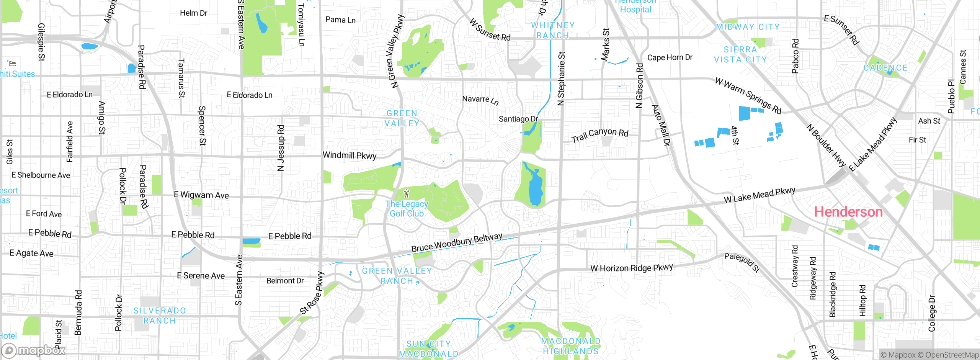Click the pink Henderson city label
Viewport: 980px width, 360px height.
tap(848, 212)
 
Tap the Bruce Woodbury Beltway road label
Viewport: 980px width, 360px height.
tap(456, 243)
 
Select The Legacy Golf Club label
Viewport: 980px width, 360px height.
tap(407, 209)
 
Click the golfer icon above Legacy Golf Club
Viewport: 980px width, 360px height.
tap(407, 194)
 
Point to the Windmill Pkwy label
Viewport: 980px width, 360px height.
tap(350, 155)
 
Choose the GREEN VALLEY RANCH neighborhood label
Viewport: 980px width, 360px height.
tap(397, 276)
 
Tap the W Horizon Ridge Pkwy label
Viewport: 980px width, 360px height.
tap(631, 268)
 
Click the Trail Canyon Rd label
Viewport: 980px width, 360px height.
tap(600, 134)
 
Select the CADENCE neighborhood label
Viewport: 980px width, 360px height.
tap(885, 68)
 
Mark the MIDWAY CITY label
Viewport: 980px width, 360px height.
tap(747, 27)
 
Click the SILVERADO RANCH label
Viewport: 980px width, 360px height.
tap(160, 316)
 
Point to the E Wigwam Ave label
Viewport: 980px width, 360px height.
tap(201, 195)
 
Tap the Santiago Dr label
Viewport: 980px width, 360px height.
tap(518, 119)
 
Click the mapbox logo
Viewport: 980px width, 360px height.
tap(34, 350)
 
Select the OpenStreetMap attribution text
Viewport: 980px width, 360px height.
tap(952, 355)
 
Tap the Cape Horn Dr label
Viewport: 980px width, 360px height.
tap(670, 57)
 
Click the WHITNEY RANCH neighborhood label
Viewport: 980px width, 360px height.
tap(552, 30)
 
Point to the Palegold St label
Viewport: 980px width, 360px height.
tap(742, 262)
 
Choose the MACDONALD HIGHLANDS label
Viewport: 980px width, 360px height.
tap(570, 346)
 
